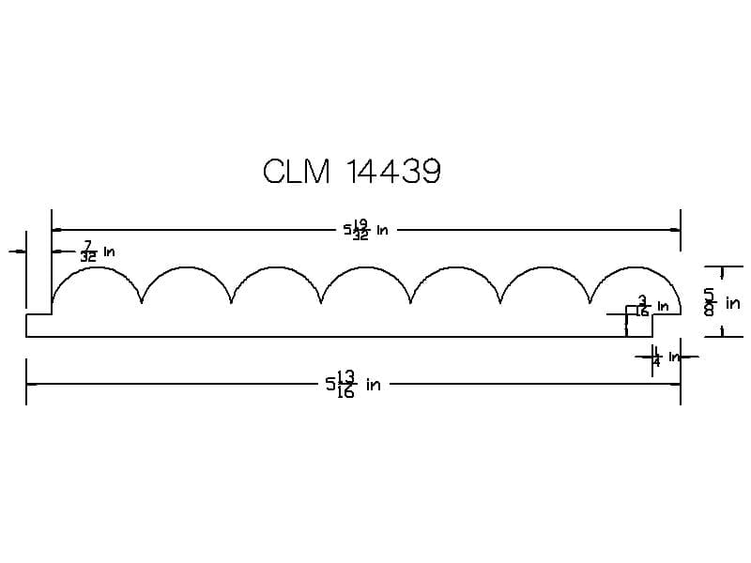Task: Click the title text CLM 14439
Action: pyautogui.click(x=352, y=172)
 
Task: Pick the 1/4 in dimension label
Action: pyautogui.click(x=667, y=358)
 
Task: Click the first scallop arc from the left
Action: pyautogui.click(x=97, y=268)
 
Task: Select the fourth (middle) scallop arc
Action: pyautogui.click(x=366, y=268)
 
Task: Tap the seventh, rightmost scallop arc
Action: pyautogui.click(x=636, y=268)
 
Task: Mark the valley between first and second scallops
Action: pyautogui.click(x=142, y=302)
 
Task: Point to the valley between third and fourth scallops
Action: pyautogui.click(x=321, y=302)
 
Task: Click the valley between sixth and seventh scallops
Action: pyautogui.click(x=590, y=302)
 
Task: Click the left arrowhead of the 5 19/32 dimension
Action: pyautogui.click(x=55, y=229)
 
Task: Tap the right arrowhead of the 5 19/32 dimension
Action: pyautogui.click(x=676, y=229)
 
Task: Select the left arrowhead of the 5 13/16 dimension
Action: pyautogui.click(x=30, y=384)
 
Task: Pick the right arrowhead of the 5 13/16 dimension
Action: pyautogui.click(x=676, y=384)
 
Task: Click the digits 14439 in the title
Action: pyautogui.click(x=393, y=172)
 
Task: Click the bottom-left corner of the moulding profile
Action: pyautogui.click(x=27, y=335)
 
